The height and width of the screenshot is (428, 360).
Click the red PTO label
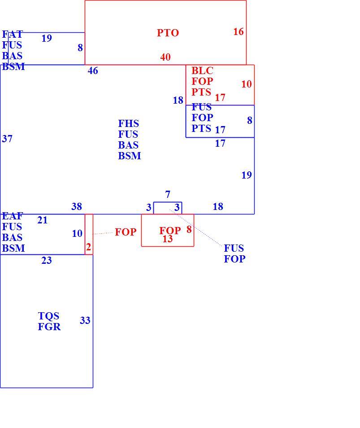click(168, 33)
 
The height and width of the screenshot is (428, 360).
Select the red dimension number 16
click(239, 32)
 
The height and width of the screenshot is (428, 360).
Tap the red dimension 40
click(165, 57)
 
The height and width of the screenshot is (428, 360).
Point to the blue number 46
click(93, 71)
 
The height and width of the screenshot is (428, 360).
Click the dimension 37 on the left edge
click(7, 139)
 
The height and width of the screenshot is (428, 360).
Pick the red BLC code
click(202, 71)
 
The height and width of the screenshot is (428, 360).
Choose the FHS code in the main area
click(129, 124)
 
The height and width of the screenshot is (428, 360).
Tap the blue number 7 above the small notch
click(168, 194)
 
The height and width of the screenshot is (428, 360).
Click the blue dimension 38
click(77, 206)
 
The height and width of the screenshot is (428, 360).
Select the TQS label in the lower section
click(48, 316)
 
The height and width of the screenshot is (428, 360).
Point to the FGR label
click(49, 327)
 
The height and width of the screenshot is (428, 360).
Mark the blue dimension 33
click(85, 320)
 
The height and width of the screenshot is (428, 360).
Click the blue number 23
click(46, 260)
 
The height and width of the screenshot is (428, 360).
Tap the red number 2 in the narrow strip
click(88, 247)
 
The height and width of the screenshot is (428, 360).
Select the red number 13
click(168, 239)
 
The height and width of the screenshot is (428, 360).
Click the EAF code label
click(12, 216)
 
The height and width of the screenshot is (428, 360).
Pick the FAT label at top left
click(12, 35)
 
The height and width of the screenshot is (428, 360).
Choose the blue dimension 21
click(42, 220)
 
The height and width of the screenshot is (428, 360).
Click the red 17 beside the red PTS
click(220, 97)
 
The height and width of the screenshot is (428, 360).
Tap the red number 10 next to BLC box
click(246, 84)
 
